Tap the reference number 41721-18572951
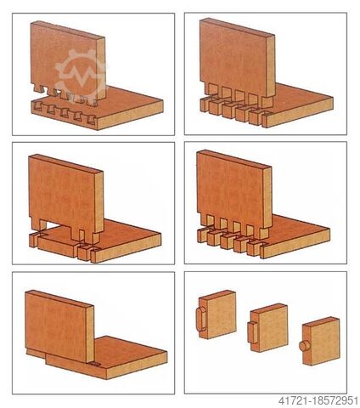(x=318, y=400)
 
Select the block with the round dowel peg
(x=320, y=342)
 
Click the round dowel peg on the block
(x=303, y=346)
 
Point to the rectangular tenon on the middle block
(x=252, y=333)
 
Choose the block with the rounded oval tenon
(x=217, y=314)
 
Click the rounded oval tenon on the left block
(x=201, y=320)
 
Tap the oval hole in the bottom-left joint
(x=95, y=363)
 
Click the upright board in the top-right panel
(x=237, y=61)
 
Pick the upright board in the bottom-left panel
(x=59, y=326)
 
